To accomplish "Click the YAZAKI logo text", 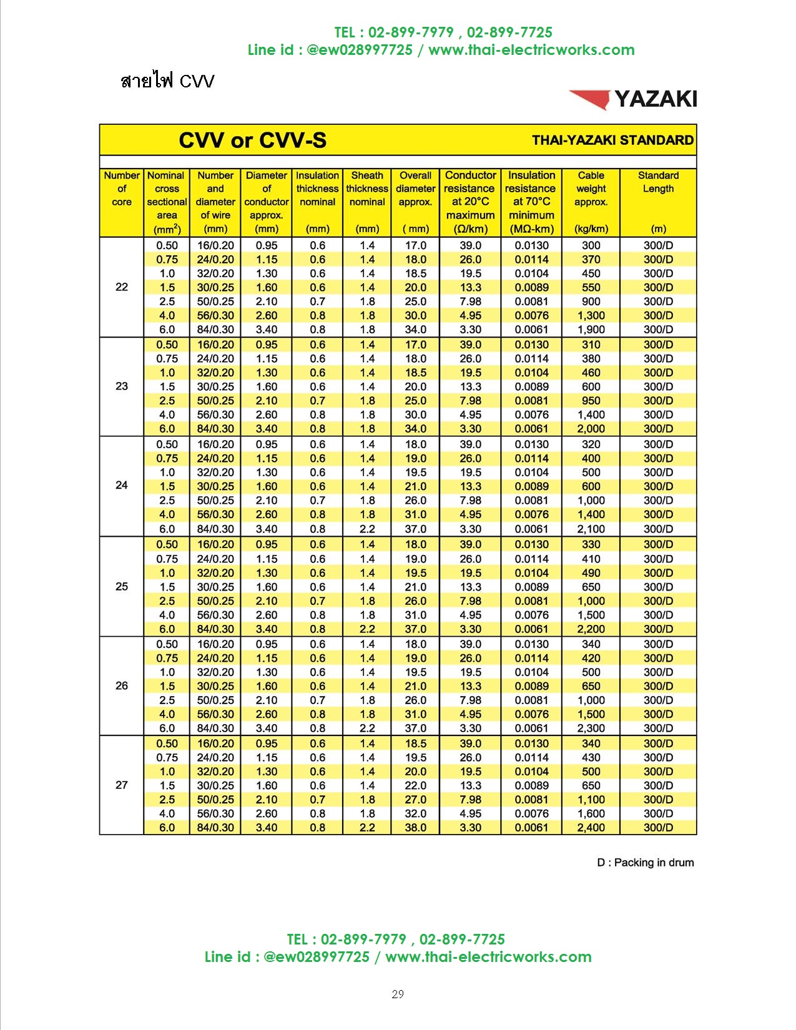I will coord(655,99).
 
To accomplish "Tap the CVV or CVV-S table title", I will coord(252,140).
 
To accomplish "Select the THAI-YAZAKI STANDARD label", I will coord(612,140).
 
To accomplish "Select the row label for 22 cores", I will coord(122,287).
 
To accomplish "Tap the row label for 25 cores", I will coord(122,587).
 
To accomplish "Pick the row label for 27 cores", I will coord(122,785).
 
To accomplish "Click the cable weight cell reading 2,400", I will coord(591,828).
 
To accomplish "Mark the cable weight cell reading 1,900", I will coord(591,330).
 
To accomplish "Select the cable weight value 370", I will coord(591,260).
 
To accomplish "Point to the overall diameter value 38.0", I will coord(415,828).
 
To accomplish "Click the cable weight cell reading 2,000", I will coord(591,429).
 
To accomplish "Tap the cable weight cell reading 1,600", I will coord(591,813).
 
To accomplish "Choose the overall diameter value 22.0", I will coord(415,785).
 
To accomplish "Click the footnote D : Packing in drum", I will coord(645,863).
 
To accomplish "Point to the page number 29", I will coord(398,994).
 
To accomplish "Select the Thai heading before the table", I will coord(167,81).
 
